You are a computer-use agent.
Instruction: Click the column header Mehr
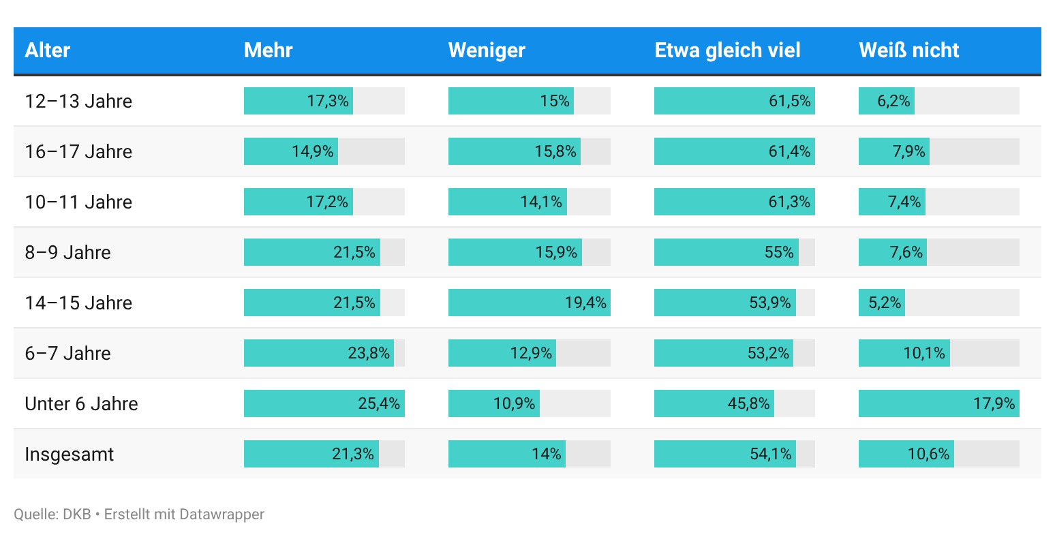[x=269, y=50]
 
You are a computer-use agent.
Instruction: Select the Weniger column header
[x=487, y=50]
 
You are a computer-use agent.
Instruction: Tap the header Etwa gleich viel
[x=727, y=50]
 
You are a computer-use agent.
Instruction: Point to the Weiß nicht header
[x=908, y=50]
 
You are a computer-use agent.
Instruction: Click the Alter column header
[x=48, y=50]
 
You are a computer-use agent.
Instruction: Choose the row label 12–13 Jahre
[x=78, y=101]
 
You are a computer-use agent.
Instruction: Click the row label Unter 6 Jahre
[x=81, y=403]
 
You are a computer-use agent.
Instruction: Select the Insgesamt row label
[x=69, y=454]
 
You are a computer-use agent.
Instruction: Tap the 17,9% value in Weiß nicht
[x=994, y=403]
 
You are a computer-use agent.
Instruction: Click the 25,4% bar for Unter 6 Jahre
[x=324, y=403]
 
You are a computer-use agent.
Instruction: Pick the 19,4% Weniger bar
[x=529, y=303]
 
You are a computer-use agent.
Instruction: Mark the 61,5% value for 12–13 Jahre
[x=789, y=101]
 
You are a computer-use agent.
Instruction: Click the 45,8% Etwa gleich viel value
[x=748, y=403]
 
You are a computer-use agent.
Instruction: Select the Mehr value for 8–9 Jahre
[x=354, y=252]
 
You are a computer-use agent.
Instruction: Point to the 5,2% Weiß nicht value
[x=885, y=303]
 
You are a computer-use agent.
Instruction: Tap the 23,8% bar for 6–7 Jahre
[x=318, y=353]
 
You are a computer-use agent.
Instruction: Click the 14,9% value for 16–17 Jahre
[x=312, y=151]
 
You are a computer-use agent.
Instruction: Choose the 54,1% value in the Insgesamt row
[x=770, y=454]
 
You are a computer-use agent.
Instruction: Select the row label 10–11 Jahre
[x=78, y=202]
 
